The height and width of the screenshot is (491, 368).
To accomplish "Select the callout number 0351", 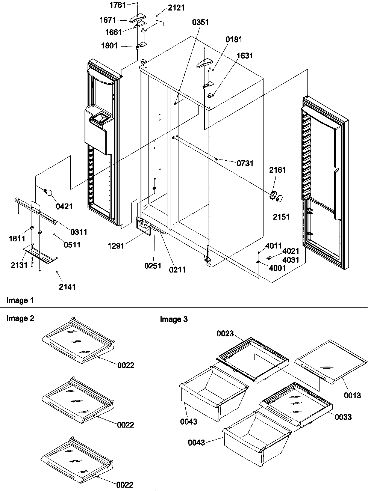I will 200,22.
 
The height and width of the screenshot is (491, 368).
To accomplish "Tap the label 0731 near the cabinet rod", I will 245,163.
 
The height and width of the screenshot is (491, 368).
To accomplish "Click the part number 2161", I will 277,170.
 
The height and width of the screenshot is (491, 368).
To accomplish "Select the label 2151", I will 282,217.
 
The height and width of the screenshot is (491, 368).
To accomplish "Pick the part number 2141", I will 67,287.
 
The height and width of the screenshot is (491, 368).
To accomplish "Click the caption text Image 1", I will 20,300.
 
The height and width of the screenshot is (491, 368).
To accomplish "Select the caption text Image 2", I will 20,319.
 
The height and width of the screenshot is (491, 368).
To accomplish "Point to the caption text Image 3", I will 174,319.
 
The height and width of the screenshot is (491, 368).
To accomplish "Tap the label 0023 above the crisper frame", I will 225,333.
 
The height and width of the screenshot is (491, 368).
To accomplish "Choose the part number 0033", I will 343,417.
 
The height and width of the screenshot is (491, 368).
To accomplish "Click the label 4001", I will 277,268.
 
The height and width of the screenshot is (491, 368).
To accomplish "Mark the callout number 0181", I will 234,39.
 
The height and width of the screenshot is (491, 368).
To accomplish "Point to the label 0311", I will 78,232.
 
